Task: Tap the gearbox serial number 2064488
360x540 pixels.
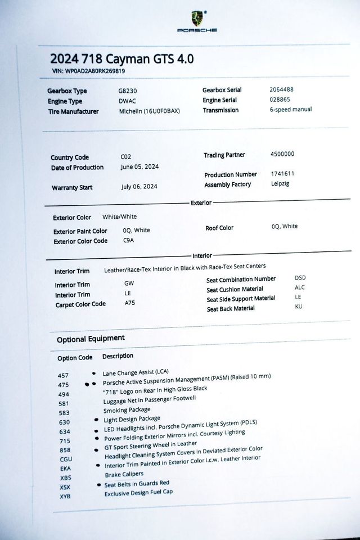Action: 281,89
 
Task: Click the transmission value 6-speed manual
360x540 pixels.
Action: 291,109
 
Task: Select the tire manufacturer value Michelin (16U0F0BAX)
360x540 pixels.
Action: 150,111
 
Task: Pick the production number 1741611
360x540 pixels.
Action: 283,174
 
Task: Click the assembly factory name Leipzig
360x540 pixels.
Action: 280,184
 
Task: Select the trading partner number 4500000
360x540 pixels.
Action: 282,154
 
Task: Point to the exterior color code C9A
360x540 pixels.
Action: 129,240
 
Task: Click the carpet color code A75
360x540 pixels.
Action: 129,303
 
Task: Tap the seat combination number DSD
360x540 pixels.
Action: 300,278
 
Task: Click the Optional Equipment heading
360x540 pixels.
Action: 91,339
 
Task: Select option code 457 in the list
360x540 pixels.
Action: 64,375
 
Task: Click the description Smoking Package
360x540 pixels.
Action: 127,410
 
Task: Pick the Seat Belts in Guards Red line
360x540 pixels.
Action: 137,483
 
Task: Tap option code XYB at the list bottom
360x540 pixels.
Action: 65,497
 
